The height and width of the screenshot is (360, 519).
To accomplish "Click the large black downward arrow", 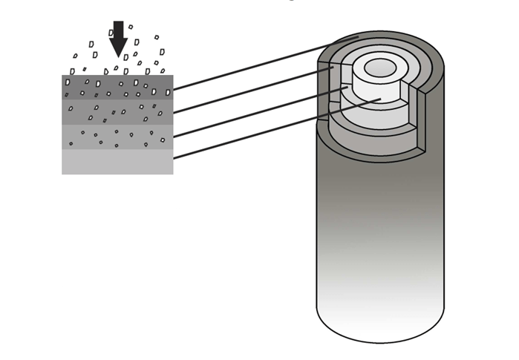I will [x=118, y=39].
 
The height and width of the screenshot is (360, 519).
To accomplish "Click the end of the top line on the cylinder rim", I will [x=358, y=36].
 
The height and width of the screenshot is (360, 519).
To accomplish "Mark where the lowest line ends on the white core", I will [x=380, y=99].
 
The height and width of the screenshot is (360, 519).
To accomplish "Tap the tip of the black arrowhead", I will [x=118, y=56].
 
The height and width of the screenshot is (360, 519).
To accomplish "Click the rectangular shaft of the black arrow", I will [x=118, y=30].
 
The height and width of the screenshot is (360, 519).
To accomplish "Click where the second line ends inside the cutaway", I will [x=333, y=68].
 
